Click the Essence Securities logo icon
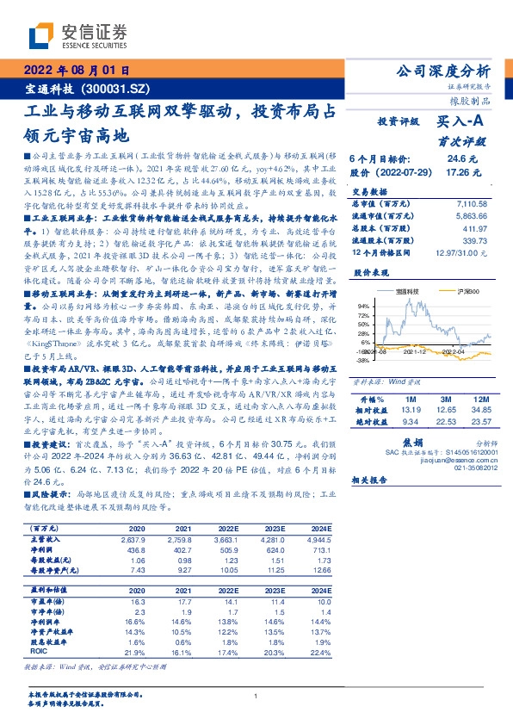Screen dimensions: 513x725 coord(43,34)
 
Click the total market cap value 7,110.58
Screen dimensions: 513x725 coord(468,203)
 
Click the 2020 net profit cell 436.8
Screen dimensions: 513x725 coord(136,550)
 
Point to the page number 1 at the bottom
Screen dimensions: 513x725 coord(256,696)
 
